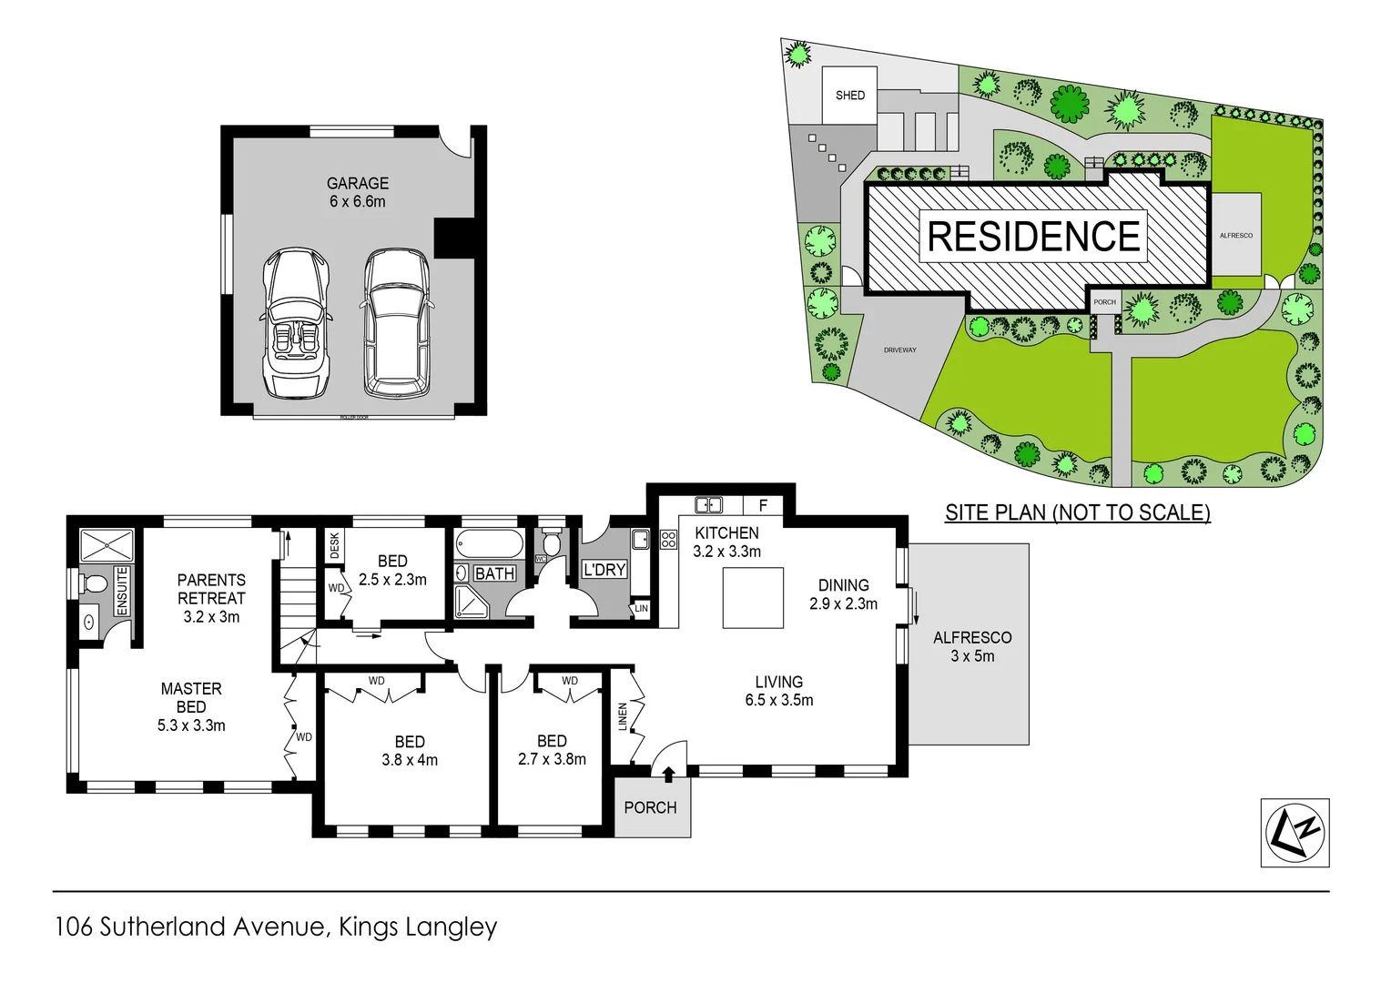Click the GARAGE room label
(x=357, y=184)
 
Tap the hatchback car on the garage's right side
(x=397, y=323)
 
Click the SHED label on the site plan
(x=849, y=96)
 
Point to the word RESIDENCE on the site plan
(x=1033, y=237)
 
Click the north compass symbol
(x=1295, y=832)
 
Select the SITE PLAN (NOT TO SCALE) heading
(x=1077, y=512)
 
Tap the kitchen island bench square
(x=753, y=598)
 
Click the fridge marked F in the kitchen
(x=763, y=505)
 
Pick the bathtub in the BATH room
(x=490, y=545)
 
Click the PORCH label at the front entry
(x=650, y=807)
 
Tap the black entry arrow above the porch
(x=669, y=774)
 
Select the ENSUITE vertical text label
(x=122, y=591)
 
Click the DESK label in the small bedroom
(x=334, y=546)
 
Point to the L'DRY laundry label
(x=604, y=570)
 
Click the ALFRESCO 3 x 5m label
(x=971, y=646)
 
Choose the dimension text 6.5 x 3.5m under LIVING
(x=778, y=700)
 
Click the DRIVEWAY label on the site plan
(x=899, y=350)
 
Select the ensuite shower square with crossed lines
(x=107, y=546)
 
